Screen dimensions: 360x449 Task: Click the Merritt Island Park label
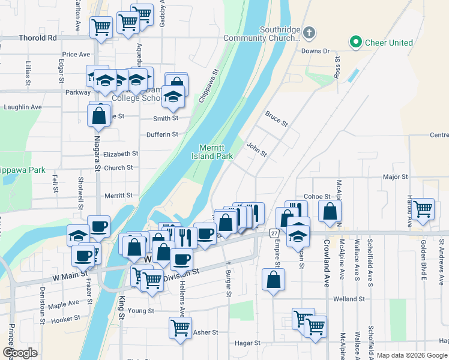(215, 152)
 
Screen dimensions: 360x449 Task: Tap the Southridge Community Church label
(279, 34)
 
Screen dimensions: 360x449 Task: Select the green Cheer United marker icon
(355, 43)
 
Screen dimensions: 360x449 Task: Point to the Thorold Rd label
(41, 37)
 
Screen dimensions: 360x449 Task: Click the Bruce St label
(276, 118)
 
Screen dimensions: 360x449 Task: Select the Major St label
(396, 177)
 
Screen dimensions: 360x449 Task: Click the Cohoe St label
(318, 196)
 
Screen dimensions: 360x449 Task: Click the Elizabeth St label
(121, 154)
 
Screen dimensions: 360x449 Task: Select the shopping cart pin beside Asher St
(180, 328)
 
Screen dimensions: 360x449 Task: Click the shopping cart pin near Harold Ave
(423, 209)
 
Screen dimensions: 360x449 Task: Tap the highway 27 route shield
(274, 233)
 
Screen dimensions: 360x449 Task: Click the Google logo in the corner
(20, 353)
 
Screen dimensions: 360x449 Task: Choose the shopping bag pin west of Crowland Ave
(330, 211)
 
